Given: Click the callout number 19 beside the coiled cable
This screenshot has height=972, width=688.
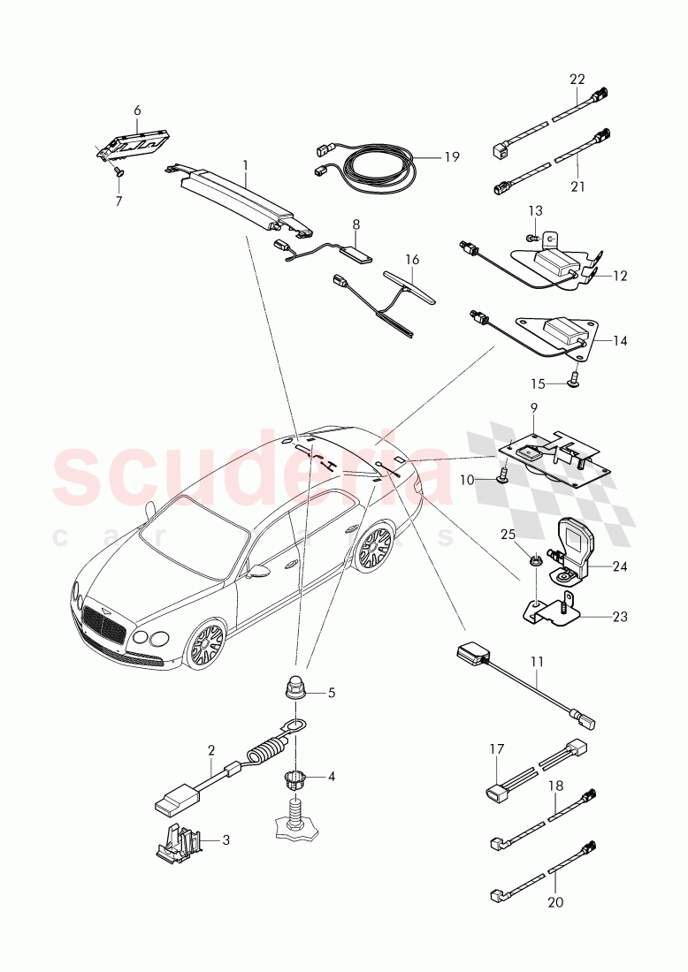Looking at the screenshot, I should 452,157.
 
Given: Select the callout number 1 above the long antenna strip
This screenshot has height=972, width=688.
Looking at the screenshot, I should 246,164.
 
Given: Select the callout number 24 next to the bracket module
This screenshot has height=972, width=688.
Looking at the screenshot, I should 620,567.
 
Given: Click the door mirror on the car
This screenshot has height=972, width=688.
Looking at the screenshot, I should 258,572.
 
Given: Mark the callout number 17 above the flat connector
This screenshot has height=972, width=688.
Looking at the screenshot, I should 496,749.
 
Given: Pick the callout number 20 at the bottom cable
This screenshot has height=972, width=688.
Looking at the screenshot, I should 555,902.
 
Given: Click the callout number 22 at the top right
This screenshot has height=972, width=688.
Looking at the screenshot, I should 577,79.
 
